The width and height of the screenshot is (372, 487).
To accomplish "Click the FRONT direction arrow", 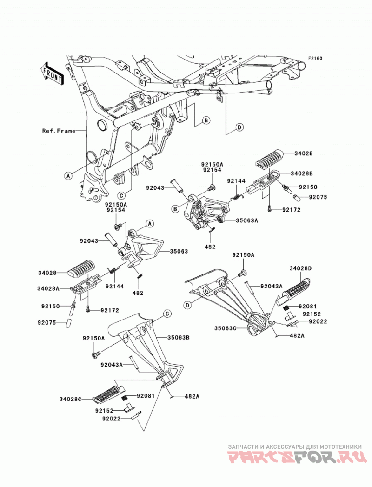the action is pyautogui.click(x=52, y=73).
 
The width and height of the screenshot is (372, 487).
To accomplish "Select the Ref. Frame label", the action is pyautogui.click(x=59, y=131).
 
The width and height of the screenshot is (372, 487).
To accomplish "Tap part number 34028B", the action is pyautogui.click(x=301, y=173).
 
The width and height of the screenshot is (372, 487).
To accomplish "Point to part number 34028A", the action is pyautogui.click(x=48, y=288).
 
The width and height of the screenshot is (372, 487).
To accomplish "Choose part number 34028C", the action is pyautogui.click(x=71, y=399).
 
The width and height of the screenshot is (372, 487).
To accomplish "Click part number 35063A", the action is pyautogui.click(x=247, y=221).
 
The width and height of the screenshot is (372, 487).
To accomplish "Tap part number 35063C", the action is pyautogui.click(x=225, y=328).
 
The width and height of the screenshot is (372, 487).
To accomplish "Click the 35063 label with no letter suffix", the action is pyautogui.click(x=179, y=251).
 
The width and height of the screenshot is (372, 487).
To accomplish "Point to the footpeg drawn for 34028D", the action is pyautogui.click(x=293, y=288).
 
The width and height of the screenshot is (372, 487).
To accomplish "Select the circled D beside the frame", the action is pyautogui.click(x=239, y=127).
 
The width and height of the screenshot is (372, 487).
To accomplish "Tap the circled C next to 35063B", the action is pyautogui.click(x=167, y=314).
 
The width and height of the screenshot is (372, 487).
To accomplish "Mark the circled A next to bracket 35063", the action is pyautogui.click(x=149, y=223).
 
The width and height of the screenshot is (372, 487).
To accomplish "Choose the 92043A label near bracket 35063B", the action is pyautogui.click(x=112, y=365).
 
